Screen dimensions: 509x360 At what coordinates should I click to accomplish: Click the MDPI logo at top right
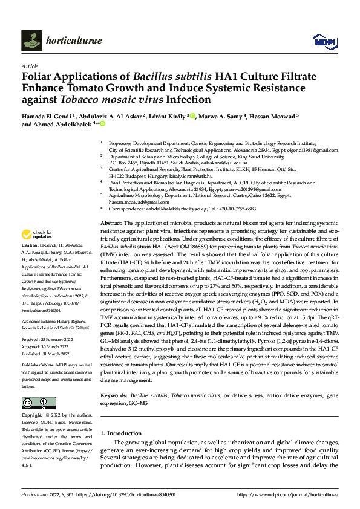tap(324, 41)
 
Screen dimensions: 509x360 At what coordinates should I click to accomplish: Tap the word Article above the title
tap(29, 66)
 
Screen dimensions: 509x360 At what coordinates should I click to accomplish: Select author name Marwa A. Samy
tap(221, 116)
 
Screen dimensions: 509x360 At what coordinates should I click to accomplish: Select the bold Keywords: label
tap(114, 395)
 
